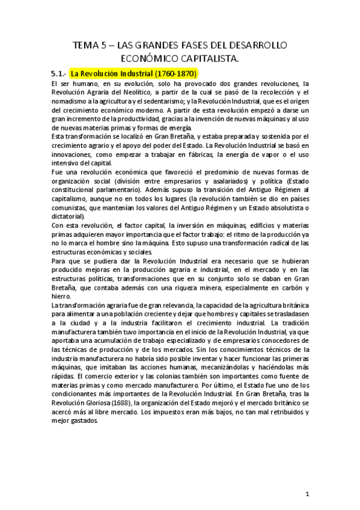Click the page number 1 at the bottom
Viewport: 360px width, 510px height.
coord(307,494)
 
